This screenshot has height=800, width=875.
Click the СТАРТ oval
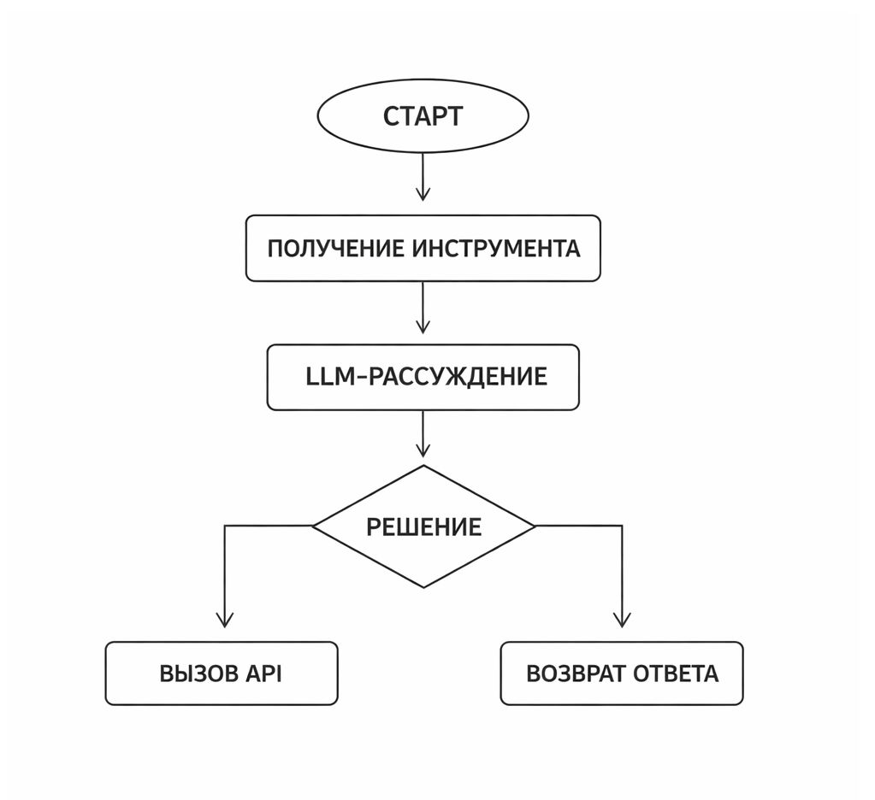click(x=423, y=116)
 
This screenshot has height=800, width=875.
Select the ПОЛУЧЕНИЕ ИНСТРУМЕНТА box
click(x=423, y=249)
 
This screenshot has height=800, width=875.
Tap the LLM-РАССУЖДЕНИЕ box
click(x=423, y=378)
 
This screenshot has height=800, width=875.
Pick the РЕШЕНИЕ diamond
click(x=423, y=526)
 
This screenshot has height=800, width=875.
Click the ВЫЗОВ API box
click(x=221, y=674)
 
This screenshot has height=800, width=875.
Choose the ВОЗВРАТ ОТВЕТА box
click(x=622, y=674)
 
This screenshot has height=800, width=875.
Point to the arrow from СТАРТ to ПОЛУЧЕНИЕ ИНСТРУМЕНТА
click(x=423, y=177)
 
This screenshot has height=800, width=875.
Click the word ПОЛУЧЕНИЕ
click(x=335, y=249)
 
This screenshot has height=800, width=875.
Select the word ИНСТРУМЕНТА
click(x=496, y=249)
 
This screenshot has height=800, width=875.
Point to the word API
click(x=264, y=674)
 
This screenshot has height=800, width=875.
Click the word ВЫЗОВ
click(x=198, y=674)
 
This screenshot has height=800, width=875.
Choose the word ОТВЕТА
click(x=677, y=674)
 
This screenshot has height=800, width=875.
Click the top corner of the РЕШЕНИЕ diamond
click(x=423, y=466)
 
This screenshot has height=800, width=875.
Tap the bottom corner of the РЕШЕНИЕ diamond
click(x=423, y=587)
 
